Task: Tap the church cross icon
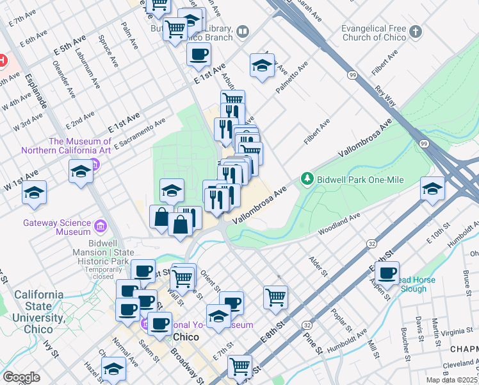coord(416,31)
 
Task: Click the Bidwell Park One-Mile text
coord(359,180)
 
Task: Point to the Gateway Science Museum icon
coord(100,226)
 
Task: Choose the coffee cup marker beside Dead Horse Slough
coord(387,273)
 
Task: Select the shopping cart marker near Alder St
coord(276,296)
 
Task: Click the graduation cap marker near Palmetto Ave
coord(262,65)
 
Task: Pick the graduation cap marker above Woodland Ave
coord(433,188)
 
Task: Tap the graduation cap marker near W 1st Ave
coord(34,193)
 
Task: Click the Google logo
coord(21,377)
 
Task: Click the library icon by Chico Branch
coord(243,30)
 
